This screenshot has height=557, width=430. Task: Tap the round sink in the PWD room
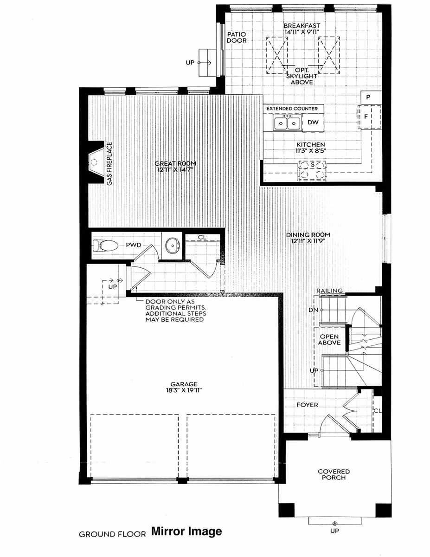[172, 245]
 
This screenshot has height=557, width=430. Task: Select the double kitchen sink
[287, 123]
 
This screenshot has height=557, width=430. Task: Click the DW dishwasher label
[312, 123]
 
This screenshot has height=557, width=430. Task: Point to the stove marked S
[312, 169]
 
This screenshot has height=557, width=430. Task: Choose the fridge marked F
[366, 117]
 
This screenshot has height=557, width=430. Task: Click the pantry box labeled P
[367, 97]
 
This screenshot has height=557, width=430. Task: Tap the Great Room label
[176, 163]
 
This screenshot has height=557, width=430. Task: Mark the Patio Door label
[237, 37]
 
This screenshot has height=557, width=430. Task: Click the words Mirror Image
[186, 531]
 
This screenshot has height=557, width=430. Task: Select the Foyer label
[308, 405]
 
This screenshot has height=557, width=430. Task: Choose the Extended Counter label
[292, 109]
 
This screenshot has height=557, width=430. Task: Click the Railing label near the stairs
[329, 291]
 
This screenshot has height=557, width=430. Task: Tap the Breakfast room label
[303, 26]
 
